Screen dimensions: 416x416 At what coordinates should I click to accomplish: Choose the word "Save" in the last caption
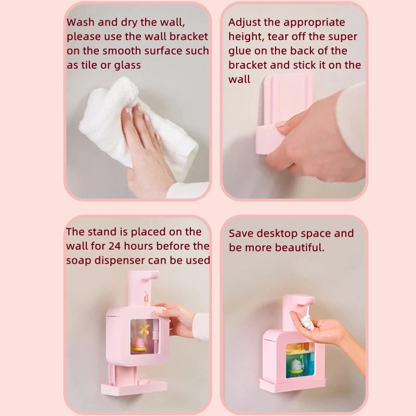(x=242, y=233)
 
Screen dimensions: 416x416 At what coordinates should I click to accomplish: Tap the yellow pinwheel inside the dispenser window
(x=144, y=329)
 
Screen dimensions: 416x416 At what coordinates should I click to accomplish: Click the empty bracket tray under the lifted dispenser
(x=134, y=386)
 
